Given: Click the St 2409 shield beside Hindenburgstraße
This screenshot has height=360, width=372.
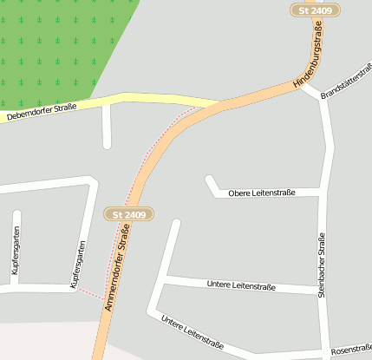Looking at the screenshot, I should [x=314, y=10].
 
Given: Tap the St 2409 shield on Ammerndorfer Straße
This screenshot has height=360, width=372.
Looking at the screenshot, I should [x=128, y=213].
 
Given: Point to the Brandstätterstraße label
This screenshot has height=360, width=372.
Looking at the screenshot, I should [x=347, y=81].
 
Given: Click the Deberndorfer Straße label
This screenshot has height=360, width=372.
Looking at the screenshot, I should [x=42, y=111].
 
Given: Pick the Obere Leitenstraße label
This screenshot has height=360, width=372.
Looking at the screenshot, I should [x=262, y=193].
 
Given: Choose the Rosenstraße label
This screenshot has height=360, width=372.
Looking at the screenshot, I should [x=351, y=349].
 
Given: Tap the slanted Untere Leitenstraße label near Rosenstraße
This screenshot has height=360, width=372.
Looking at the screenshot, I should [x=192, y=333].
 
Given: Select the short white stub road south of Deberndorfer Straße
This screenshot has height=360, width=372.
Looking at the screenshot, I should [x=107, y=127].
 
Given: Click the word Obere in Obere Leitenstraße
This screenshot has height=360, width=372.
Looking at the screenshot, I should [x=238, y=193].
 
